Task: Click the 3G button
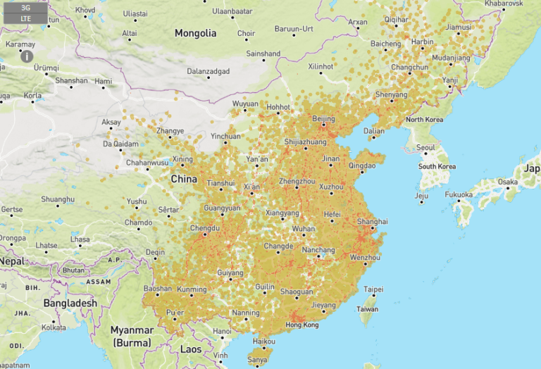point(25,8)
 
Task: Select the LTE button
point(25,18)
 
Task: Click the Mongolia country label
point(195,33)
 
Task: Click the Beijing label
point(323,118)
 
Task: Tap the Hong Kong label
point(303,325)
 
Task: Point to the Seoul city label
point(425,148)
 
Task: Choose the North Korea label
point(424,120)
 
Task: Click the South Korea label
point(436,166)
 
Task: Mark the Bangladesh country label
point(70,303)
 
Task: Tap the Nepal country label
point(11,261)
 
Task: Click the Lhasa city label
point(80,239)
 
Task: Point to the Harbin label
point(422,42)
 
